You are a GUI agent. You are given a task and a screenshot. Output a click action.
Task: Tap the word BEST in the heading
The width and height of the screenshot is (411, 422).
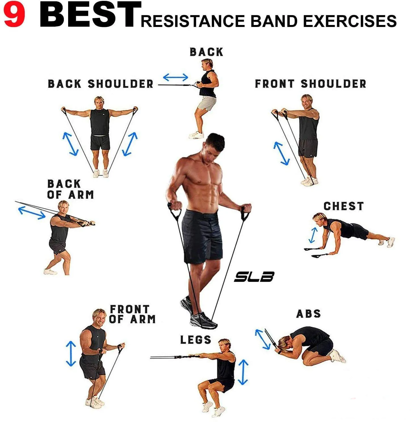coord(90,15)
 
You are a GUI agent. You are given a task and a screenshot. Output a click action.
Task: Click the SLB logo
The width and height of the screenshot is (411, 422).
coord(254,277)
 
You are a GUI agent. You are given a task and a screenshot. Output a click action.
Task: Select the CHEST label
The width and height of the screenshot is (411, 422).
coord(343,206)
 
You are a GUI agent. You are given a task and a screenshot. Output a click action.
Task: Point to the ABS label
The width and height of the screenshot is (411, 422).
coord(309,314)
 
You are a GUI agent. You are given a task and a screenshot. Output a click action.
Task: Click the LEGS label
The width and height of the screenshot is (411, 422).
coord(196,340)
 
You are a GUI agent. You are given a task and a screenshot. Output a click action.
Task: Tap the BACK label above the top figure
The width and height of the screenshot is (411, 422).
coord(206,52)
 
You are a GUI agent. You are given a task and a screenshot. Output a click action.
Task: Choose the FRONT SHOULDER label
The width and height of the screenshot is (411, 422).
coord(311,84)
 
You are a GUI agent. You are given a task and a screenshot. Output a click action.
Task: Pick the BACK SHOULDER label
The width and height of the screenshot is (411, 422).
coord(100,84)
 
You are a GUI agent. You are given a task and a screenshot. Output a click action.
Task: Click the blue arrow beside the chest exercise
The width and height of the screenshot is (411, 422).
coord(313,235)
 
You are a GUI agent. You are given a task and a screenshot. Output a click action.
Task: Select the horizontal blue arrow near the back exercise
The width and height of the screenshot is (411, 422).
coord(175,77)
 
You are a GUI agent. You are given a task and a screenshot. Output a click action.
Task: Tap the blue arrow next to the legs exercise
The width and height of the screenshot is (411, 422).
coord(243,372)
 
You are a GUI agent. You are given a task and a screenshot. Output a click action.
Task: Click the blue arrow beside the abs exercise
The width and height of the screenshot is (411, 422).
coord(263,339)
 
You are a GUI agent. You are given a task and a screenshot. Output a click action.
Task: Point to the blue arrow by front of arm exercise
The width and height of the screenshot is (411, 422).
coord(71,354)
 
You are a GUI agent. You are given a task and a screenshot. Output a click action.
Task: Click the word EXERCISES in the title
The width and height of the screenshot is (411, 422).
coord(350,21)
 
